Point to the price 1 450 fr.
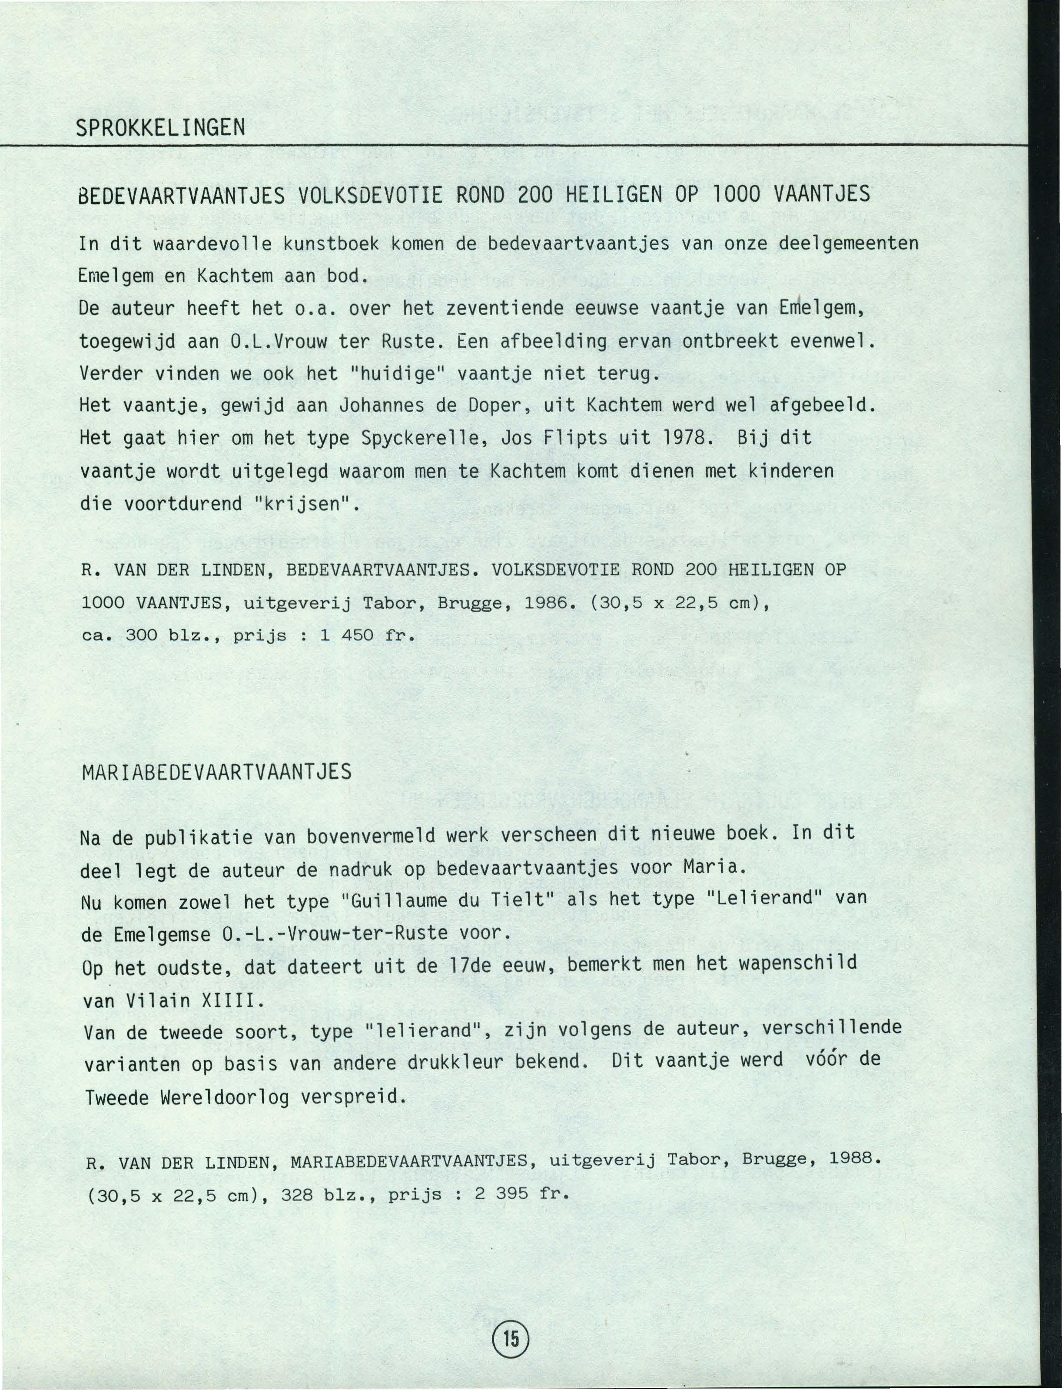(367, 636)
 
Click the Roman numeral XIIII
(232, 1001)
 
